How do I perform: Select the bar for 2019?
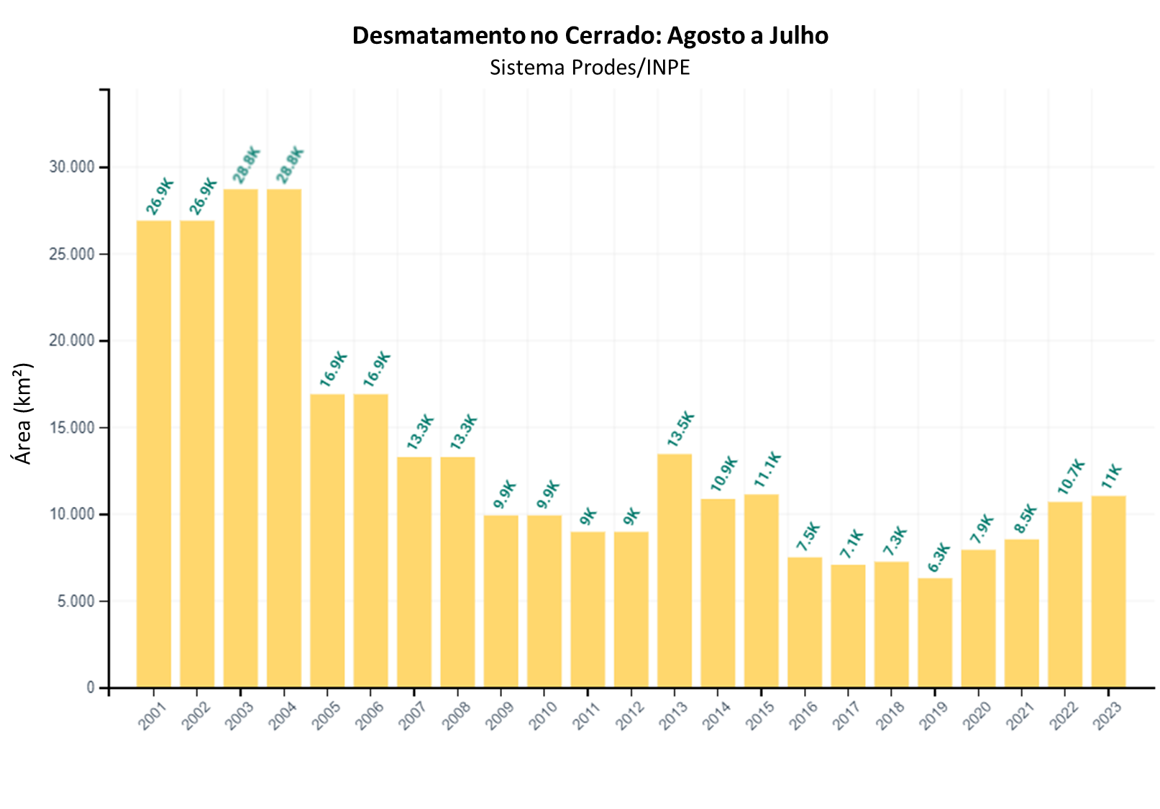935,633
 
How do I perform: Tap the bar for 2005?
327,540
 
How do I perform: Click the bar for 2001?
154,454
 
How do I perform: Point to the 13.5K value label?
680,429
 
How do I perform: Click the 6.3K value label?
938,558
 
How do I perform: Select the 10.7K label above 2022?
1071,477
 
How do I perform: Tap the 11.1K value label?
767,470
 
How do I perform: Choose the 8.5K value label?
1026,519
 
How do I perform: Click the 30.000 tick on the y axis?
72,168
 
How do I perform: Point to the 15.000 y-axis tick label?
72,428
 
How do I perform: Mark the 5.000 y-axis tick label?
76,601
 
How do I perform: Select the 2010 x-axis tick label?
543,716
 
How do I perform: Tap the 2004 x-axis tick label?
283,716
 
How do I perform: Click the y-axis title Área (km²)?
24,413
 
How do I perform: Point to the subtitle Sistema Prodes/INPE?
590,67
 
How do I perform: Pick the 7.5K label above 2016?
809,538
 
